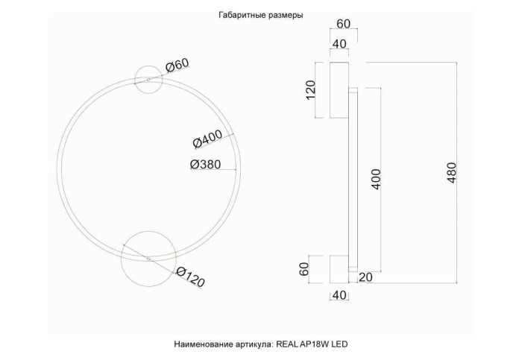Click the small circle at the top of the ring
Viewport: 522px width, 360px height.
(148, 80)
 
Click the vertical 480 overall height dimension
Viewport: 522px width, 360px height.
(452, 173)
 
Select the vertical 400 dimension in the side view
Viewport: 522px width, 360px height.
(377, 179)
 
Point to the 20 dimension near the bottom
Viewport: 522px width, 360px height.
(365, 278)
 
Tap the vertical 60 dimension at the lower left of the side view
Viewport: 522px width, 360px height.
(304, 269)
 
